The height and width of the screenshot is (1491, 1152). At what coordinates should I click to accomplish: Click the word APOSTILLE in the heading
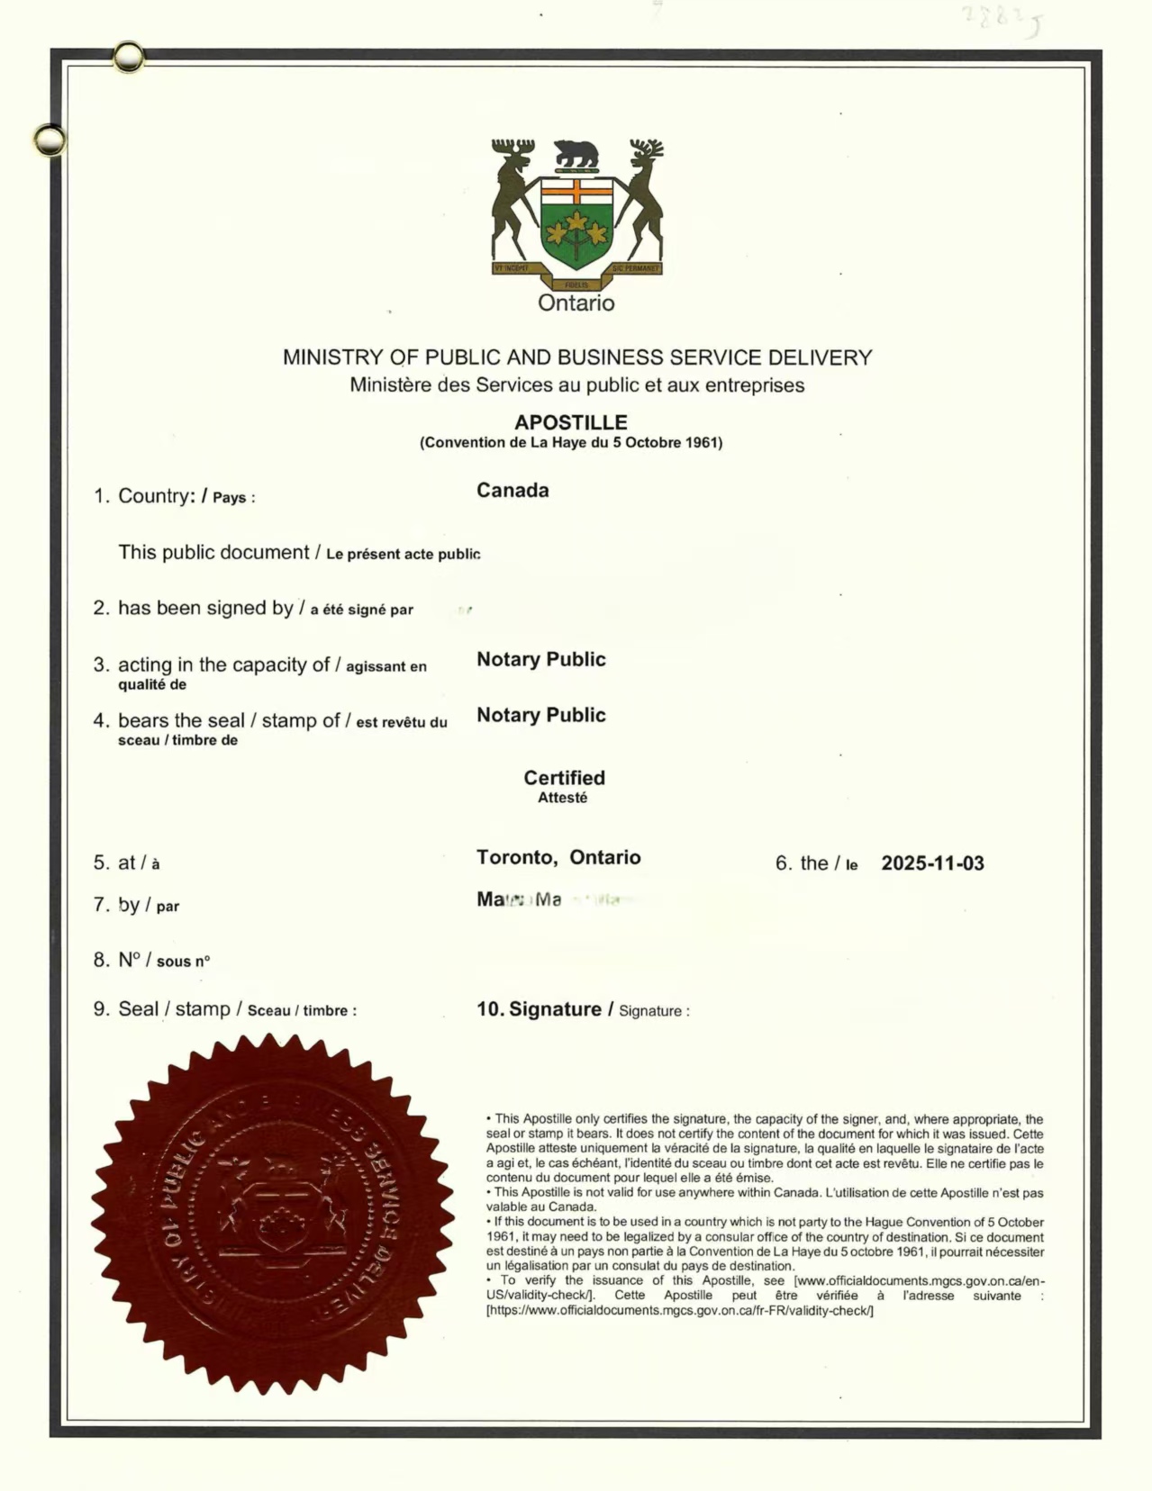tap(570, 422)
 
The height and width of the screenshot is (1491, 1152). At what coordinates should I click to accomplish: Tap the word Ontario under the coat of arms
tap(576, 303)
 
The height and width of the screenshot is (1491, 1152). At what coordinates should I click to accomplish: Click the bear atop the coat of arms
tap(576, 154)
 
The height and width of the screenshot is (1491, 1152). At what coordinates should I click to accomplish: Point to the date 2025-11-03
tap(932, 863)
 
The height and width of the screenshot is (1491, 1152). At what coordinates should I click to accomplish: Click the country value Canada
tap(513, 491)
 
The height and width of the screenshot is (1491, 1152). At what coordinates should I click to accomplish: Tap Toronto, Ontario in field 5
tap(558, 857)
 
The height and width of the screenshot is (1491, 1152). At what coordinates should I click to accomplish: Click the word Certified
tap(564, 778)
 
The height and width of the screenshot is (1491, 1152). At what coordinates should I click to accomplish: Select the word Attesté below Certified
tap(562, 798)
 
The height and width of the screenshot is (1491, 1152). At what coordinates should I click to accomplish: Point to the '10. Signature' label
tap(539, 1009)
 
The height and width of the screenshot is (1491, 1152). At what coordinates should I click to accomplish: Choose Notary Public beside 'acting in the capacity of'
tap(540, 660)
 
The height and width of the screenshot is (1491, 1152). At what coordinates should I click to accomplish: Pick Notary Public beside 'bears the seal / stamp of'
tap(540, 716)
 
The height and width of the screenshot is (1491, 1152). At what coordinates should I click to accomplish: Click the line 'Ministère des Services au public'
tap(576, 385)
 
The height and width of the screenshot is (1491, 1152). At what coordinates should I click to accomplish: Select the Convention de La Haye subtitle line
tap(570, 443)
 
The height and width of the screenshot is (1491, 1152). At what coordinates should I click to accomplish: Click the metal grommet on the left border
tap(50, 140)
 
